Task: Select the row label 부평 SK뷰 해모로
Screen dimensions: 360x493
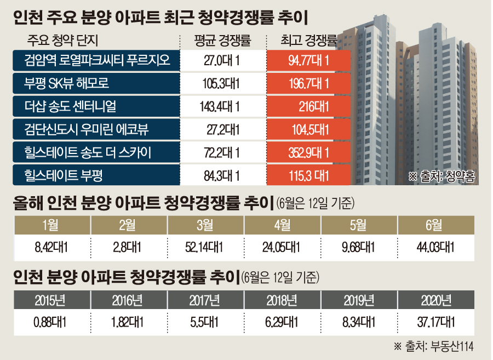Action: pos(68,84)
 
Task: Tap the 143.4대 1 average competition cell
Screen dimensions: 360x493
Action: pos(222,107)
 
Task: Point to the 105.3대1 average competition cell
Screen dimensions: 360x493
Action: pos(222,84)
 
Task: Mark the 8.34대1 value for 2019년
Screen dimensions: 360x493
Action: pos(359,321)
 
